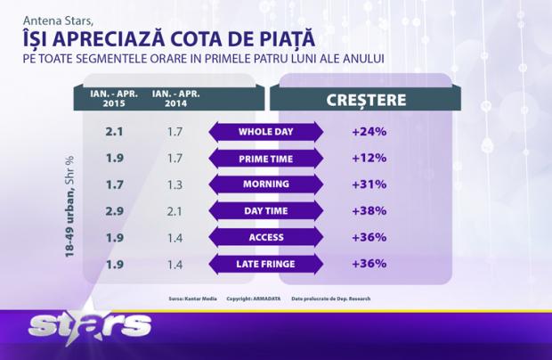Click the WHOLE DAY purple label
pos(266,133)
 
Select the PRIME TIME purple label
pos(266,159)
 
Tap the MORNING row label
pos(266,184)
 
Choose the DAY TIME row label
pos(266,211)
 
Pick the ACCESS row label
pos(266,237)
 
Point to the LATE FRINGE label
pos(266,264)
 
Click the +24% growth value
pos(368,133)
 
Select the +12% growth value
pos(368,159)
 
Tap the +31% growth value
pos(368,184)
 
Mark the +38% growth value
pos(368,211)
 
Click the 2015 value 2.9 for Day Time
pos(113,211)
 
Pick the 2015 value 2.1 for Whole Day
pos(113,133)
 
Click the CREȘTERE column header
pos(367,98)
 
